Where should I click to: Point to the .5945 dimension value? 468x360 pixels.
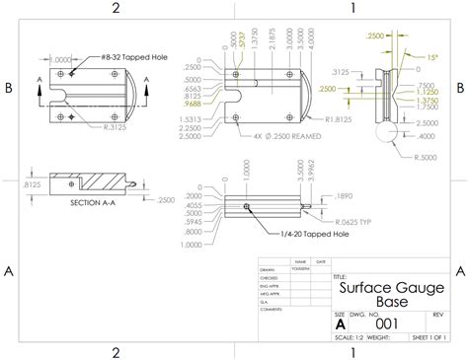click(190, 222)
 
